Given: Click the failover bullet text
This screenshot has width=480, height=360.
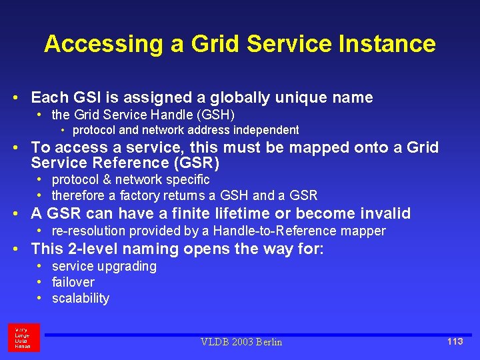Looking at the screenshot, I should (73, 282).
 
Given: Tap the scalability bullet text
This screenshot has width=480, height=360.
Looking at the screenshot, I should (80, 298).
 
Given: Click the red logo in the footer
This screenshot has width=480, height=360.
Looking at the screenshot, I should (24, 337).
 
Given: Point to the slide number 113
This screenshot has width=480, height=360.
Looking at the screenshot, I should (455, 341).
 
